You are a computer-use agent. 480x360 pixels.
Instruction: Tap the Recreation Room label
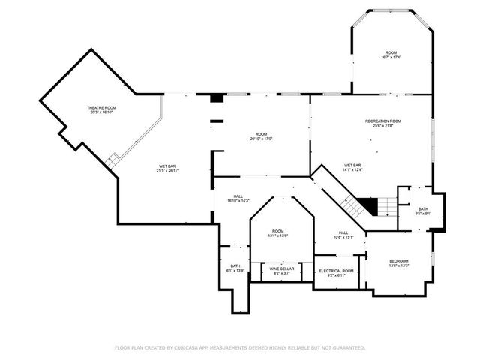click(x=382, y=121)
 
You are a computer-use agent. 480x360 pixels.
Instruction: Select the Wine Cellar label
click(x=282, y=268)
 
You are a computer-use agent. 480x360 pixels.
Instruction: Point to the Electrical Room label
click(x=336, y=271)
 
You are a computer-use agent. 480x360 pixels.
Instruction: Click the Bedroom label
click(x=398, y=260)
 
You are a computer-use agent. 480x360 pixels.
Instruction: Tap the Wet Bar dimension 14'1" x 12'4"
click(x=352, y=170)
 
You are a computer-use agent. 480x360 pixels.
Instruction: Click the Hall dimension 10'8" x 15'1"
click(x=343, y=238)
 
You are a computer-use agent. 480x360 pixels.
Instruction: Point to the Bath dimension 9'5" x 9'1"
click(x=423, y=214)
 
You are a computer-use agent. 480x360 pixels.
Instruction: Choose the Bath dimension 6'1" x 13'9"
click(x=235, y=271)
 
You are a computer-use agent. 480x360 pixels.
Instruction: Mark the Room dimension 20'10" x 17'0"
click(x=260, y=139)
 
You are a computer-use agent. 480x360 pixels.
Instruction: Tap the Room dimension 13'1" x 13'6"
click(x=278, y=235)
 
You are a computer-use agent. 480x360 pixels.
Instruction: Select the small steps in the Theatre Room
click(x=113, y=160)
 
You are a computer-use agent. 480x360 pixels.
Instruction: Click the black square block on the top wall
click(x=217, y=97)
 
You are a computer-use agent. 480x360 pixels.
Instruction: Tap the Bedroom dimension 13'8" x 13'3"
click(x=398, y=265)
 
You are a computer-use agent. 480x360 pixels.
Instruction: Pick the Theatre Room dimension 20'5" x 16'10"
click(x=103, y=113)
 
